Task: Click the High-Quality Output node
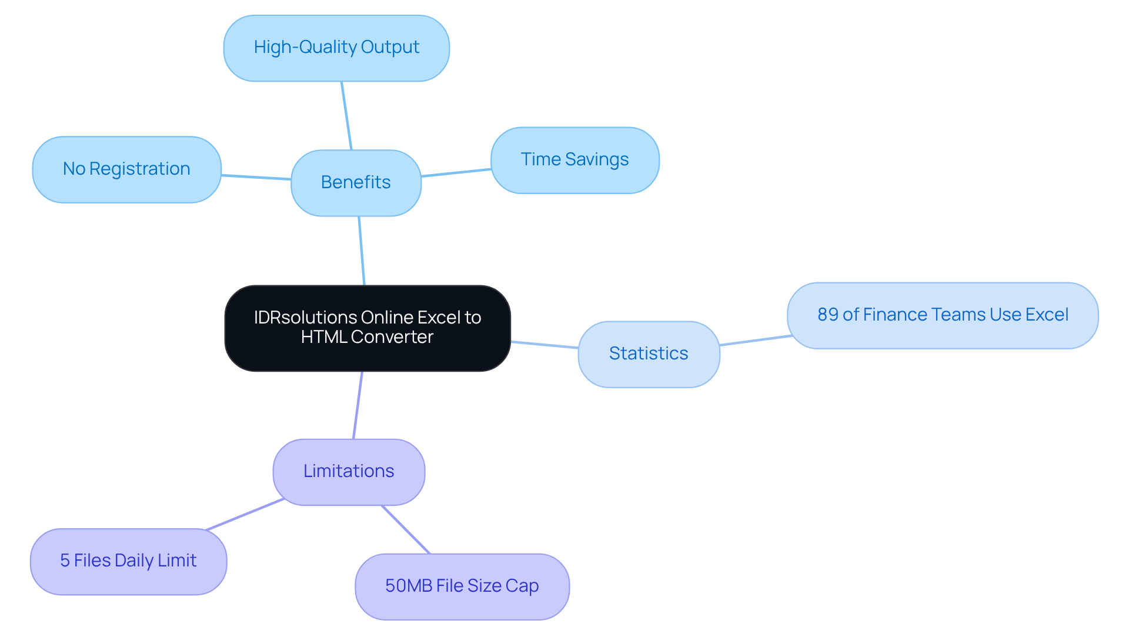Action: click(x=336, y=48)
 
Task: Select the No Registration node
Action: click(x=126, y=169)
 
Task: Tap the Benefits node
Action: click(x=356, y=183)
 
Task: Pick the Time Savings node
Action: click(x=574, y=160)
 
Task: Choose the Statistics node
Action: click(x=649, y=354)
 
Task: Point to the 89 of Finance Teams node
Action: click(x=943, y=315)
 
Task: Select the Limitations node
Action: click(x=349, y=472)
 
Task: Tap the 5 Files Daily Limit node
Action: click(x=128, y=561)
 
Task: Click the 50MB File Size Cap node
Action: click(x=462, y=586)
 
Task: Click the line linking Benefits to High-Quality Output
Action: click(x=346, y=115)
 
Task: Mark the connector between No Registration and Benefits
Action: click(x=256, y=177)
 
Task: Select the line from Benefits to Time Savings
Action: click(x=456, y=173)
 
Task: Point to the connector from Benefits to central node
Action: click(x=362, y=251)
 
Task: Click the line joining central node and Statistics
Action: click(x=545, y=345)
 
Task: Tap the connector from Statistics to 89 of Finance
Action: click(x=756, y=341)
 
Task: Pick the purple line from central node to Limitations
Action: click(x=358, y=405)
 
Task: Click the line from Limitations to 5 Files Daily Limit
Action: click(x=245, y=515)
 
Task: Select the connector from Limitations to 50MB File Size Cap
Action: click(x=406, y=529)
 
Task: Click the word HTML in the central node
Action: click(x=323, y=337)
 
